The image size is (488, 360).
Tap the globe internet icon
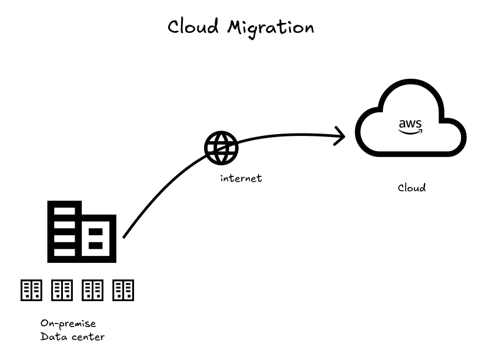tap(222, 147)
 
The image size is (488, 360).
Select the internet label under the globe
tap(241, 178)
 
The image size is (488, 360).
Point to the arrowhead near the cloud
tap(340, 136)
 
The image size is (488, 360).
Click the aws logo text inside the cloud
tap(410, 124)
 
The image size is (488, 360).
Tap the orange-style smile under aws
tap(410, 132)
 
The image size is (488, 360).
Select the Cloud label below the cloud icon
tap(412, 188)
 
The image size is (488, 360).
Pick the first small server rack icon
tap(31, 289)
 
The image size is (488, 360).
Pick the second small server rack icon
tap(62, 289)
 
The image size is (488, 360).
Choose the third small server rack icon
tap(93, 289)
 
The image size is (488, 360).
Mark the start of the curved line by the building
tap(124, 236)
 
